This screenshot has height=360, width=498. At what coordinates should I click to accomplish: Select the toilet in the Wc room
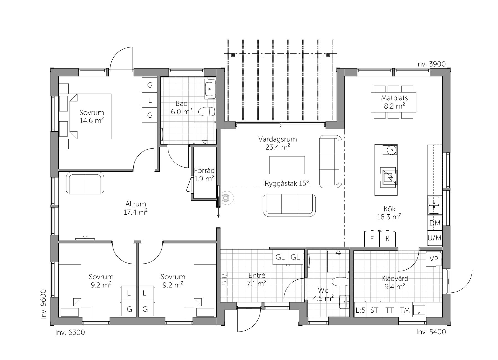point(340,281)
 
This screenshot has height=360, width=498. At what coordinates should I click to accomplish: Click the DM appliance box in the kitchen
point(435,223)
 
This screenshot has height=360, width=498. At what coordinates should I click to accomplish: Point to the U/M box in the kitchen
point(435,238)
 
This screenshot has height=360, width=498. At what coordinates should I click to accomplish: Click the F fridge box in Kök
point(372,238)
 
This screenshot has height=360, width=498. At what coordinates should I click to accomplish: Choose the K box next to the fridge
point(387,238)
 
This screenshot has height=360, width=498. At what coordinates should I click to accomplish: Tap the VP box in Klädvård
point(434,259)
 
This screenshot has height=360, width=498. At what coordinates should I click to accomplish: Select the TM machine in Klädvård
point(404,310)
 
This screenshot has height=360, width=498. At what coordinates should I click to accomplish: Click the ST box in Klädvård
point(374,310)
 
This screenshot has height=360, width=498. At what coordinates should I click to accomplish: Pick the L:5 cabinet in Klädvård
point(360,310)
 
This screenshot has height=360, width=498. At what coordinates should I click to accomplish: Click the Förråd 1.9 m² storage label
point(204,174)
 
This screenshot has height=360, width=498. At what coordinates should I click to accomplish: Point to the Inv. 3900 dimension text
point(431,64)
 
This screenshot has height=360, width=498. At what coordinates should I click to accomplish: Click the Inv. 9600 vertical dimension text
point(43,304)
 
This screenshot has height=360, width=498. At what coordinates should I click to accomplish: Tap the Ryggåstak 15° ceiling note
point(287,183)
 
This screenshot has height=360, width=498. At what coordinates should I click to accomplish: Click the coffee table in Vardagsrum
point(287,165)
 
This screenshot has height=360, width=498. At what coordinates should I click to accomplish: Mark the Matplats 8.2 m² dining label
point(394,102)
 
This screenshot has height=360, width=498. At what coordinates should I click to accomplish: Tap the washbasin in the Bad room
point(210,89)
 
